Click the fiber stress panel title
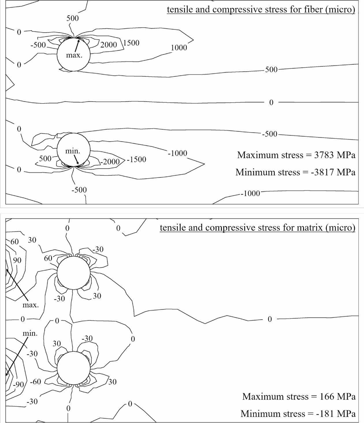click(261, 9)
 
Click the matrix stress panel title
click(257, 228)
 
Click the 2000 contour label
click(109, 45)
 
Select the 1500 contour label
click(131, 43)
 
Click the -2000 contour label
click(111, 162)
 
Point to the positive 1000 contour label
click(179, 48)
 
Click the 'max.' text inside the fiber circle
click(74, 55)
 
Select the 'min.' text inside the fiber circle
click(73, 151)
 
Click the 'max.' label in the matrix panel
click(31, 305)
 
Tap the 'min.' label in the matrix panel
click(30, 333)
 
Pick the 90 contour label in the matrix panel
click(17, 260)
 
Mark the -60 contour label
click(36, 382)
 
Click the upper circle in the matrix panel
click(74, 273)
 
